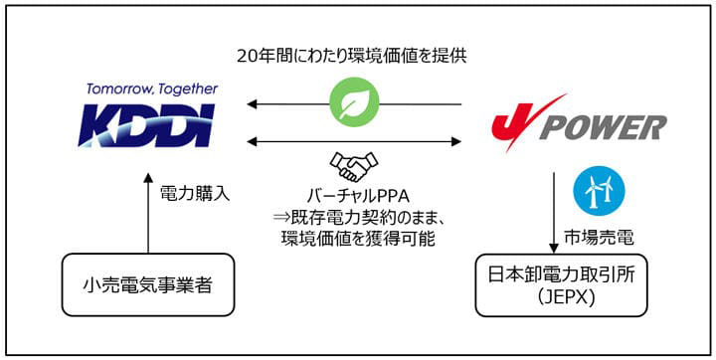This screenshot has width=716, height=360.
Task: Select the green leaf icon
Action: tap(355, 103)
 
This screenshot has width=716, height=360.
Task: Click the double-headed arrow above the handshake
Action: tap(355, 140)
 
